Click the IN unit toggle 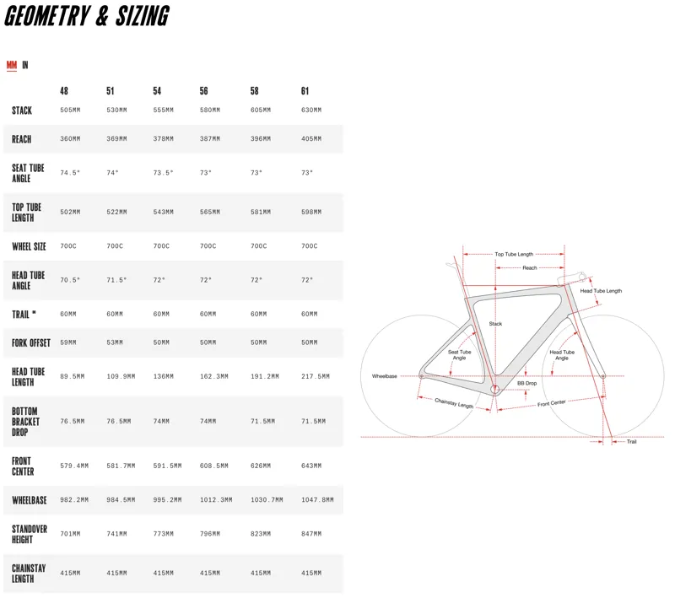[25, 65]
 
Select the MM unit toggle [12, 65]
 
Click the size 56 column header [203, 91]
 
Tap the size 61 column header [305, 91]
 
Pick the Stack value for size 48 [70, 110]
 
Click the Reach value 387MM [209, 139]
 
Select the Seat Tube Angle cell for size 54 [163, 173]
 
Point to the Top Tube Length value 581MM [261, 212]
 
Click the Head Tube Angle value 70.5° [70, 280]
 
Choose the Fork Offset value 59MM [68, 343]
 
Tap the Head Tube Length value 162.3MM [214, 376]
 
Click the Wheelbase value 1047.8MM [317, 500]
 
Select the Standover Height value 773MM [163, 534]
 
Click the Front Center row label [23, 466]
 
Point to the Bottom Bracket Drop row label [25, 422]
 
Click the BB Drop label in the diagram [526, 383]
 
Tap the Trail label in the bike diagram [631, 442]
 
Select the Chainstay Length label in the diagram [454, 403]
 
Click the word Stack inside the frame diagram [495, 324]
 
